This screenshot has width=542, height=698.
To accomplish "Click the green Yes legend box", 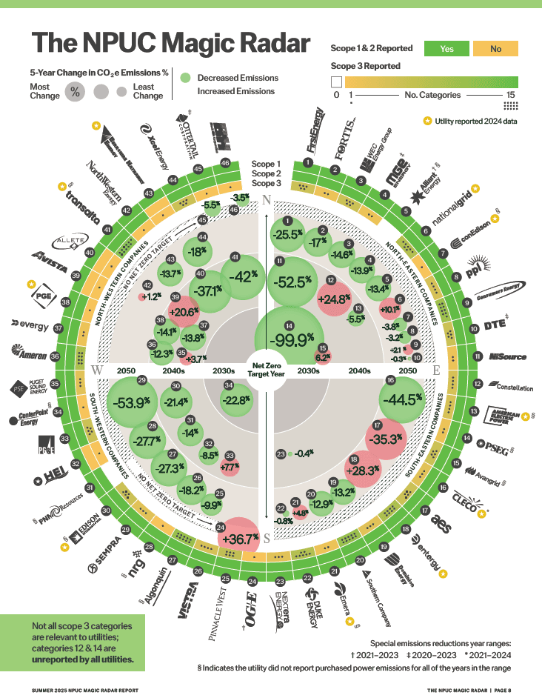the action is point(446,49).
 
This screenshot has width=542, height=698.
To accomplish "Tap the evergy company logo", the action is point(30,324).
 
